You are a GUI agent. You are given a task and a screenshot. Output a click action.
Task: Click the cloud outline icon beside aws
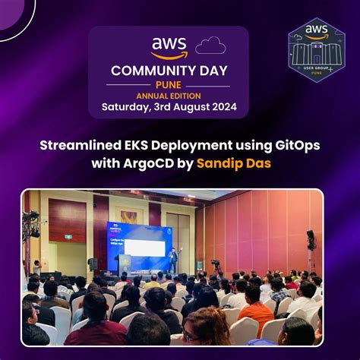210,46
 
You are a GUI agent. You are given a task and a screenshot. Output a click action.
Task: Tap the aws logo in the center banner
169,48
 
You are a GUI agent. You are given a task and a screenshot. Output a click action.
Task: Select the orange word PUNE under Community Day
169,84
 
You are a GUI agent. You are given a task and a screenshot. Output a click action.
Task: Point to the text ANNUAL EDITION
169,96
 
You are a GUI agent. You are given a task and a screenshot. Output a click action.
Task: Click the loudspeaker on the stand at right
311,240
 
